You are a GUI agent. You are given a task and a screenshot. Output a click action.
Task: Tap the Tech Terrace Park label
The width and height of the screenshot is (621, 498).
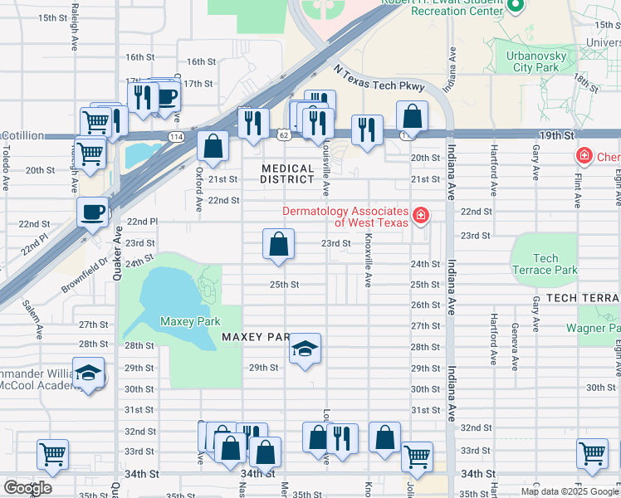point(545,264)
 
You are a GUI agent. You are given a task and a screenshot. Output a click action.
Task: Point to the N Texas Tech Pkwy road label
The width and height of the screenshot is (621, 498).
point(378,81)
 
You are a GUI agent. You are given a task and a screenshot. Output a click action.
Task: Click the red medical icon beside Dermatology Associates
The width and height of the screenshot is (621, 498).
point(421,216)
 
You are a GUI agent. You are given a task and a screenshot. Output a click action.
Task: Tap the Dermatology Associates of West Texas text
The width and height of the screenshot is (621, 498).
point(345,217)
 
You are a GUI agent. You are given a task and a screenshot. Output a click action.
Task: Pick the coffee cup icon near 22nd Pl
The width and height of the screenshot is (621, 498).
point(93,211)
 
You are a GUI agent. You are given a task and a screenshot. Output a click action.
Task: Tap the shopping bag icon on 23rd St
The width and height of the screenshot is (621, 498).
point(279,245)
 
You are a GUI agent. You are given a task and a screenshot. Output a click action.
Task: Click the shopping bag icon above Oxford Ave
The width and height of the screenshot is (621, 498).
point(213,146)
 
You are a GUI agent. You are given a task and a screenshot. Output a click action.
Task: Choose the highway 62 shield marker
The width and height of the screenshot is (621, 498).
point(284,134)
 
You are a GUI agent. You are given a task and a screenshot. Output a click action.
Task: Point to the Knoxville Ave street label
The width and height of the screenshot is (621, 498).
point(368,266)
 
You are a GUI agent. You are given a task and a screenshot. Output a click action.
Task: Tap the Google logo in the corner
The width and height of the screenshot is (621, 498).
point(27,487)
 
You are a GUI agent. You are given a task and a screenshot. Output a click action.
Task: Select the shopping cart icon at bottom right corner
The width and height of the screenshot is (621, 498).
point(592,454)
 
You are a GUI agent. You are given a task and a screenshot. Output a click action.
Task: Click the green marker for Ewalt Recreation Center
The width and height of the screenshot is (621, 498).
point(515,7)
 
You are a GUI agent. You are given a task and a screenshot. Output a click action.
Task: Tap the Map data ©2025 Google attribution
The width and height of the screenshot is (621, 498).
point(570,491)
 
